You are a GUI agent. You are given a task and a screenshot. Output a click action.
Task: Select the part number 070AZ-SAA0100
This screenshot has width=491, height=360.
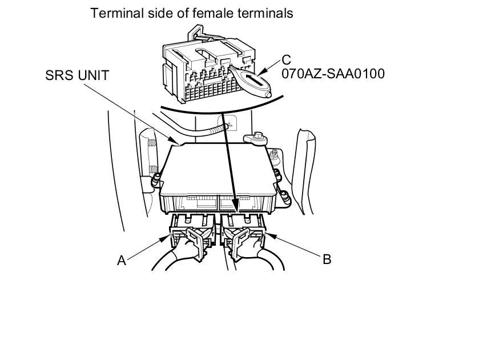click(333, 74)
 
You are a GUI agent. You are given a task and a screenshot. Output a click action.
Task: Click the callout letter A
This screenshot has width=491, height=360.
click(121, 261)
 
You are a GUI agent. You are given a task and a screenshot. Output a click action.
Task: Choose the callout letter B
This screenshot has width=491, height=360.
click(327, 259)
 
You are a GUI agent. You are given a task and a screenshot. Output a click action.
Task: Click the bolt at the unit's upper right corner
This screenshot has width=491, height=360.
click(255, 137)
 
